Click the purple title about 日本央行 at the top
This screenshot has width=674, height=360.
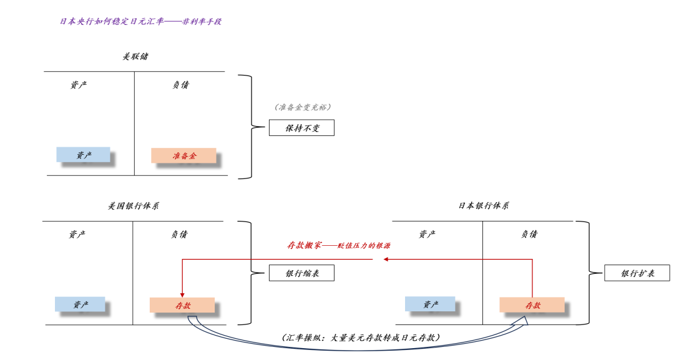point(140,21)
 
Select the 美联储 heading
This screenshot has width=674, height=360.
point(135,56)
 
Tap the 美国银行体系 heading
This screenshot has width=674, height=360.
point(134,206)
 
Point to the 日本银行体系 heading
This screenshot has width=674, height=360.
point(484,206)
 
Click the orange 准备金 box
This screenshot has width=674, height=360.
point(183,155)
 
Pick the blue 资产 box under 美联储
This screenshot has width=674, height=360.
point(84,155)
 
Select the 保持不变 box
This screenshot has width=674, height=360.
point(302,127)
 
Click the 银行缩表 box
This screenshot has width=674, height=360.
point(302,273)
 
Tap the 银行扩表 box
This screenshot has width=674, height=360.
point(637,273)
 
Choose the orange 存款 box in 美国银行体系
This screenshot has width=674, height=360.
point(182,305)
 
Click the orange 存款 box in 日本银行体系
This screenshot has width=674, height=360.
point(532,305)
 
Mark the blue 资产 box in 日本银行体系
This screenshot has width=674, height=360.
point(430,304)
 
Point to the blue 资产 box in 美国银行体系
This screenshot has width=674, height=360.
point(80,304)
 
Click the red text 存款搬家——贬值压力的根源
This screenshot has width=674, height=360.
point(339,245)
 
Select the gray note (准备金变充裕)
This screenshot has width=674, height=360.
point(303,107)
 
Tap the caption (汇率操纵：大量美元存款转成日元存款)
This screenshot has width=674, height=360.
point(361,338)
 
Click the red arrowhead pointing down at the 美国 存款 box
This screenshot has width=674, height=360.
point(182,295)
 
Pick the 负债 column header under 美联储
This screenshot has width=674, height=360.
point(180,85)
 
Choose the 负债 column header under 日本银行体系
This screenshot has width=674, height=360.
point(529,234)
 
